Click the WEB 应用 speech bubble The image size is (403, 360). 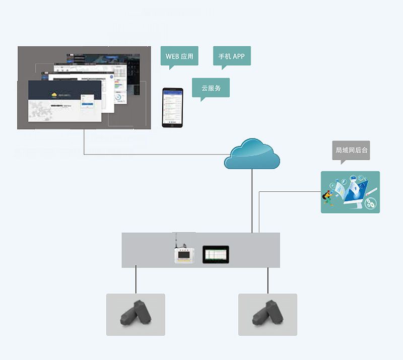[x=179, y=56]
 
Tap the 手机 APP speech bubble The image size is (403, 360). [x=231, y=56]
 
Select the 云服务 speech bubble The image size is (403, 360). [x=211, y=88]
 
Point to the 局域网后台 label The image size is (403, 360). [x=351, y=150]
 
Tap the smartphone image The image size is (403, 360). [x=172, y=107]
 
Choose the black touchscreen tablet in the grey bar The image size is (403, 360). [x=216, y=254]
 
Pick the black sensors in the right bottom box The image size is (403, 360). [x=267, y=313]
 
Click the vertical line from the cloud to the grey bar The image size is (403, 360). [x=252, y=201]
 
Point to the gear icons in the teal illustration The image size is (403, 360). [x=371, y=203]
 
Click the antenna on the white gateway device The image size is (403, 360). [x=176, y=239]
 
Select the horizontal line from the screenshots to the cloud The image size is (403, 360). [x=151, y=154]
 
